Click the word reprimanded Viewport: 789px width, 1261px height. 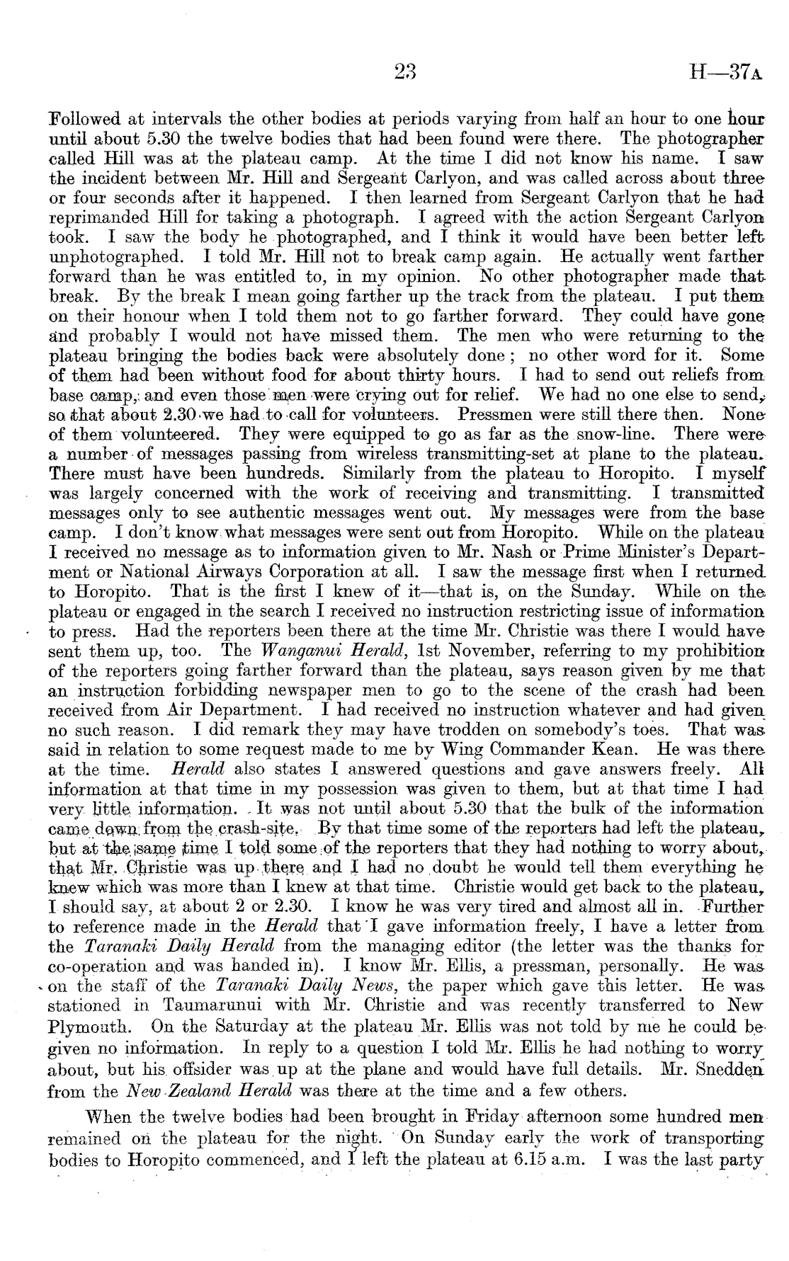tap(102, 217)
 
